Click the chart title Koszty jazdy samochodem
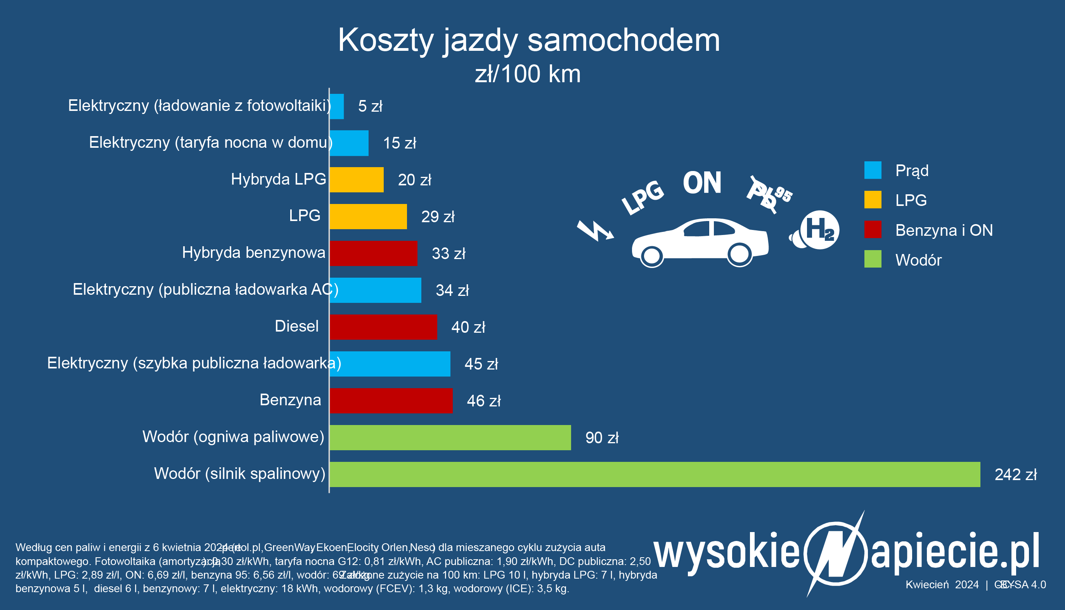(x=528, y=40)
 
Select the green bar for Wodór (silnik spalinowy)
(x=655, y=474)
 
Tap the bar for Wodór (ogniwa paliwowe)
(x=450, y=437)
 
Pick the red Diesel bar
(x=383, y=327)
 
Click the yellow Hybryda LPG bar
(x=356, y=180)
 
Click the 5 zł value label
(x=370, y=106)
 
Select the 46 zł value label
(x=484, y=401)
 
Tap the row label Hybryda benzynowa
(x=254, y=252)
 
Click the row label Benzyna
(x=290, y=400)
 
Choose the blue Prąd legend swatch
(x=873, y=170)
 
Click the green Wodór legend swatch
(x=873, y=259)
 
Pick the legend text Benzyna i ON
(x=944, y=230)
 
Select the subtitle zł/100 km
(x=528, y=74)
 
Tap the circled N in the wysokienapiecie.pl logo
(x=836, y=553)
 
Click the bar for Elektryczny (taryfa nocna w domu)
(x=349, y=143)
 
